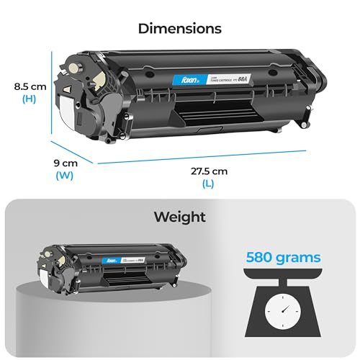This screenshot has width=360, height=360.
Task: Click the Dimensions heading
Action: click(179, 30)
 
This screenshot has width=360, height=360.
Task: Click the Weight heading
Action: click(179, 217)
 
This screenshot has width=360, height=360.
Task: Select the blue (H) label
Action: click(29, 99)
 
